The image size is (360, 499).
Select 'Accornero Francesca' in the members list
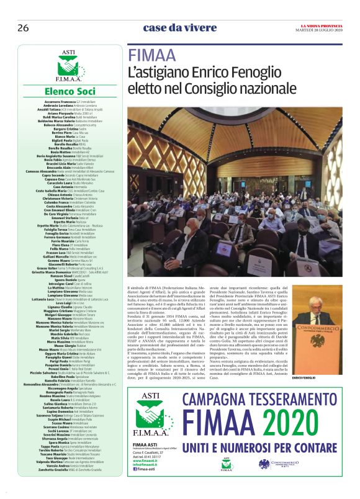point(60,101)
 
